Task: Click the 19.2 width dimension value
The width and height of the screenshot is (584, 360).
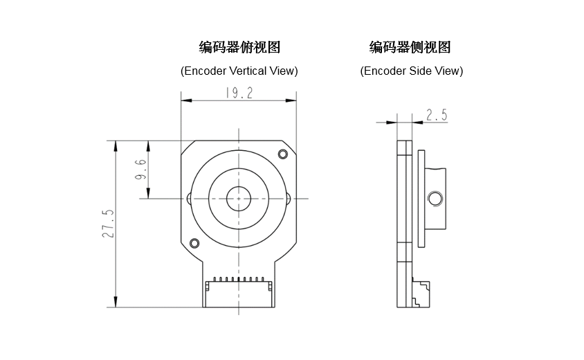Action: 239,93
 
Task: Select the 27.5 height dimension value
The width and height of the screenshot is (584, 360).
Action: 108,224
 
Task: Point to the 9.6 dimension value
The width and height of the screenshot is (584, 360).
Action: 140,169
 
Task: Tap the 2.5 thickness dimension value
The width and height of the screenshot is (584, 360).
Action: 437,115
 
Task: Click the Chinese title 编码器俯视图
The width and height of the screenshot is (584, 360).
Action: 239,48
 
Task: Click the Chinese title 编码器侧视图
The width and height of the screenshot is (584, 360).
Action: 410,48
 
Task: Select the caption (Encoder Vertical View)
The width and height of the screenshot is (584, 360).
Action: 239,71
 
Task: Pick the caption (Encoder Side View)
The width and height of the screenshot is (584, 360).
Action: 412,71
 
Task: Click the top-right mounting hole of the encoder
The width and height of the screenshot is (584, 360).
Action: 282,154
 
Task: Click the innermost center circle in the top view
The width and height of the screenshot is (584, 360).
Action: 239,199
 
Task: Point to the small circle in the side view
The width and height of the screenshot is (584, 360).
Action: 435,199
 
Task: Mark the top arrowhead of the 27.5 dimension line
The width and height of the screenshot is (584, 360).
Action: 116,145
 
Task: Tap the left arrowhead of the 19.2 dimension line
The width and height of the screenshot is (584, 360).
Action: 185,101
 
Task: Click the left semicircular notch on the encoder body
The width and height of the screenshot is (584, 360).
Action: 190,199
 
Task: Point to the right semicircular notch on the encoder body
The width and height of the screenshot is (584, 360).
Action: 288,199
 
